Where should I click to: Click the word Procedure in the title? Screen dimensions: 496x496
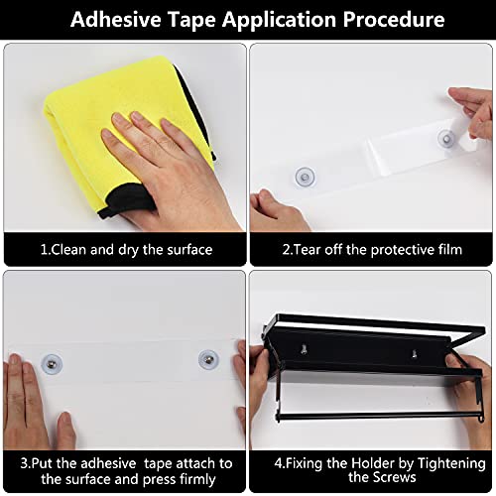click(x=393, y=19)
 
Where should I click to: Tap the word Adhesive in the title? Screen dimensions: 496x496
click(x=115, y=19)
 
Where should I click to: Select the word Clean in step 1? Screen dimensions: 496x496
click(x=69, y=250)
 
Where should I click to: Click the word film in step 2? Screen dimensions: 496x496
click(x=448, y=250)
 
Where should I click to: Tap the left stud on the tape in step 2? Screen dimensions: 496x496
click(x=305, y=177)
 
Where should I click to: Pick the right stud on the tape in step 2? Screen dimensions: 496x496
click(x=447, y=139)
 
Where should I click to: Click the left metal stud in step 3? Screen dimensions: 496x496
click(x=52, y=364)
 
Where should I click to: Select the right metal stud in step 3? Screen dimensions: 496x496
click(x=208, y=360)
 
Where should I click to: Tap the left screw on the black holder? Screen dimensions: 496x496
click(x=304, y=349)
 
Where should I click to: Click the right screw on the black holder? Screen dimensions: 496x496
click(x=414, y=354)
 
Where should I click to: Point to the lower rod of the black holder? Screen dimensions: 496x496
click(x=377, y=417)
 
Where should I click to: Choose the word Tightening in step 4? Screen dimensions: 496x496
click(x=451, y=463)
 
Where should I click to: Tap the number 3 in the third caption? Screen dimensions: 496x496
click(x=24, y=463)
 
